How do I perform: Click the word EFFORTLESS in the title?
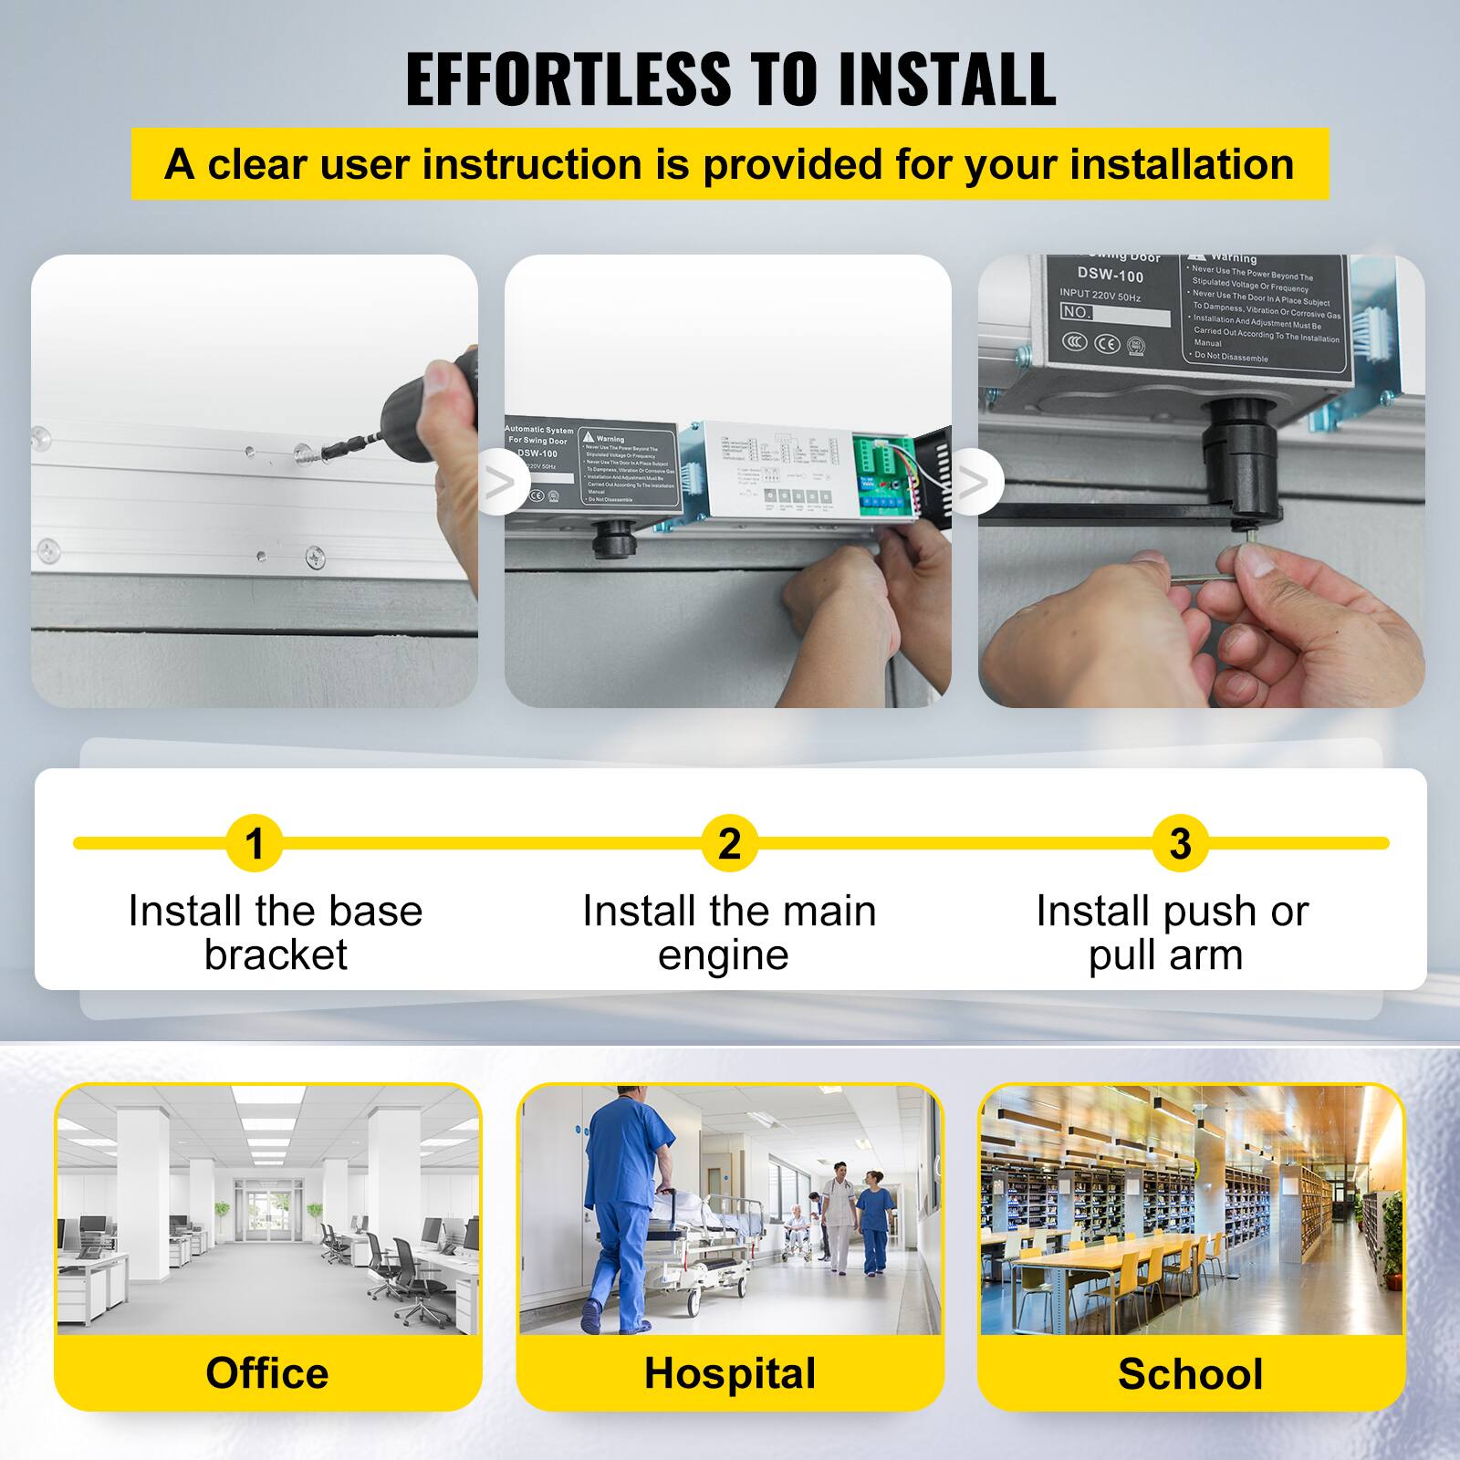click(x=568, y=79)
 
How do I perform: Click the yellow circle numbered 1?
click(x=255, y=843)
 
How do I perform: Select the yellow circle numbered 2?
click(x=729, y=843)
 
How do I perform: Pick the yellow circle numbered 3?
click(x=1180, y=843)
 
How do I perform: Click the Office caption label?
click(x=266, y=1373)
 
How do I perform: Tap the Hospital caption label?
click(x=730, y=1373)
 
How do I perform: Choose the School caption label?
click(x=1191, y=1373)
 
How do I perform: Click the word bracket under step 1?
click(x=276, y=955)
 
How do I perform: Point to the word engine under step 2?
click(x=724, y=955)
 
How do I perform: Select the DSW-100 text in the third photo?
click(x=1110, y=275)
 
